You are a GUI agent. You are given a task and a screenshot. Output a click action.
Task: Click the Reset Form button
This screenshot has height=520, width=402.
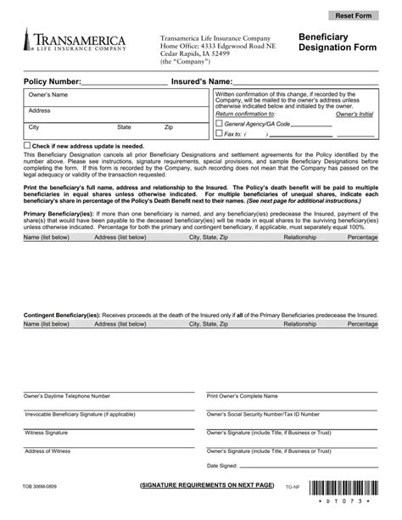(354, 16)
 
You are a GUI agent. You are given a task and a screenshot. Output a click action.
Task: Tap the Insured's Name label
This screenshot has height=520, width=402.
(202, 81)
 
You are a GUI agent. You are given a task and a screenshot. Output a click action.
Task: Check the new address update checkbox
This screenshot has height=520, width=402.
(27, 146)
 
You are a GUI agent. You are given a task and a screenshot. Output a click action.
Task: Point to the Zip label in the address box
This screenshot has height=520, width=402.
(169, 127)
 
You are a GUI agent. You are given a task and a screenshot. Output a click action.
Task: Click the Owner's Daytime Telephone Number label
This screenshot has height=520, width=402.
(67, 396)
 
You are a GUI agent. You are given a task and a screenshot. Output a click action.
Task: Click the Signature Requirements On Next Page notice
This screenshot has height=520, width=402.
(208, 484)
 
